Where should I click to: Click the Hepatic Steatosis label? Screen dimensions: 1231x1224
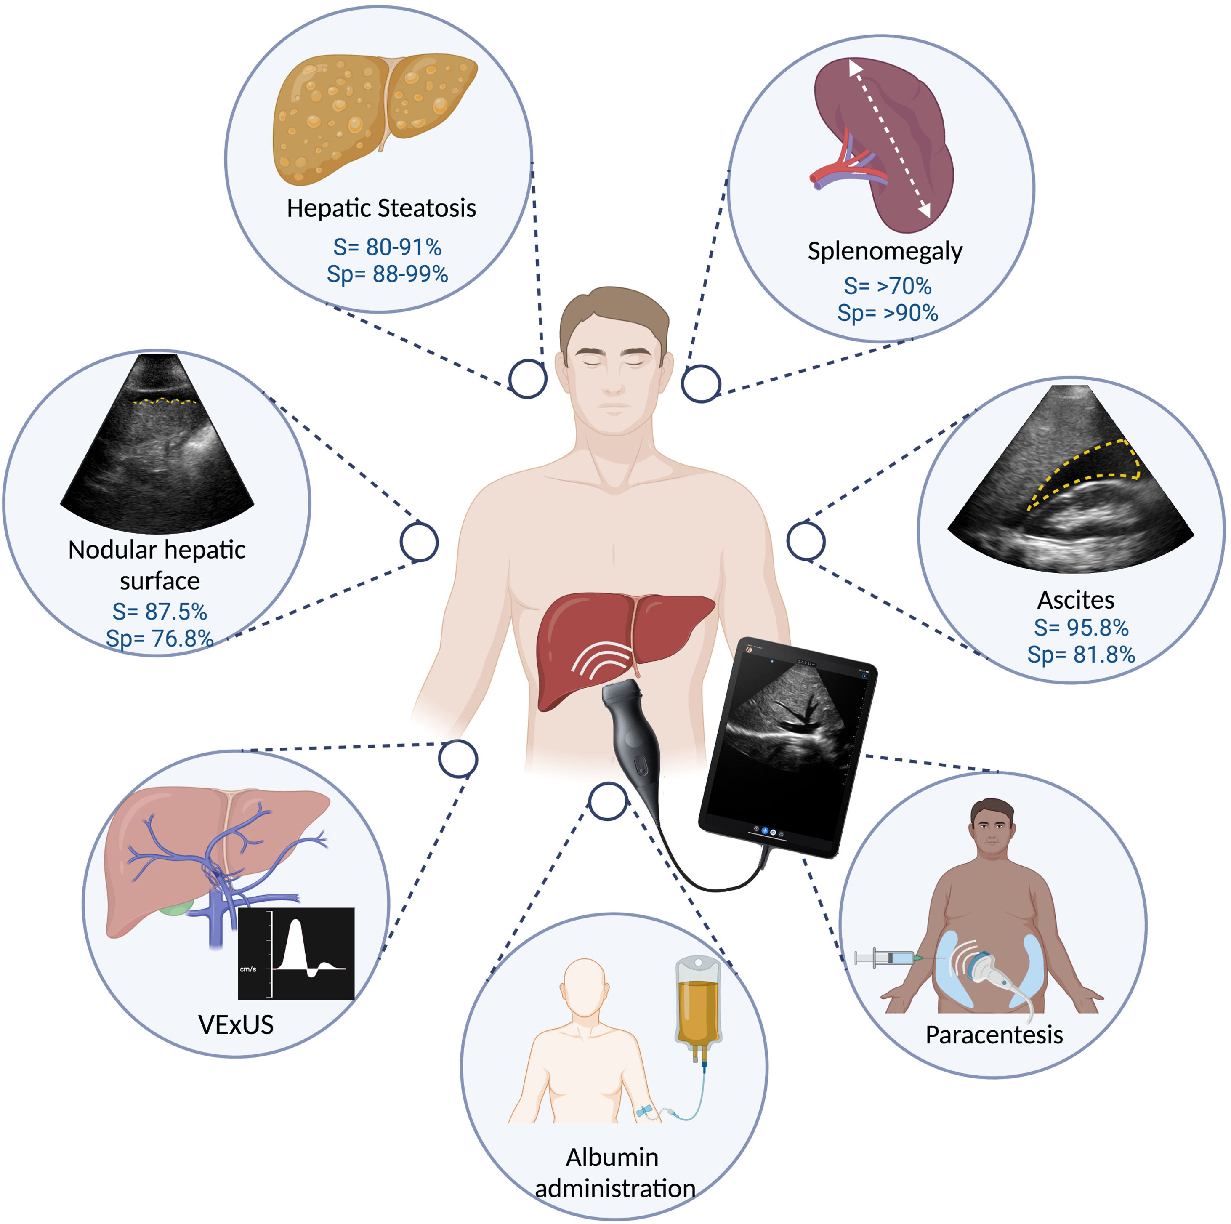tap(381, 208)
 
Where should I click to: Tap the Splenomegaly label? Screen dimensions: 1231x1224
tap(884, 251)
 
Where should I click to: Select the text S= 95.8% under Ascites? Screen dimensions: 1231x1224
tap(1081, 628)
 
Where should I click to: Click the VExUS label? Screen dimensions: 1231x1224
tap(236, 1024)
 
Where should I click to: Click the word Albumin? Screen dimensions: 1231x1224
tap(612, 1157)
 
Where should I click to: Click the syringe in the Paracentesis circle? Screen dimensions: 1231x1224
tap(885, 957)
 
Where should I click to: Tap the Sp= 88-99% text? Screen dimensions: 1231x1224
tap(387, 274)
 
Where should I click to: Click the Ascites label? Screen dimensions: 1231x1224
tap(1076, 600)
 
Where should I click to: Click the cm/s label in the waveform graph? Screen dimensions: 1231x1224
tap(248, 969)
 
